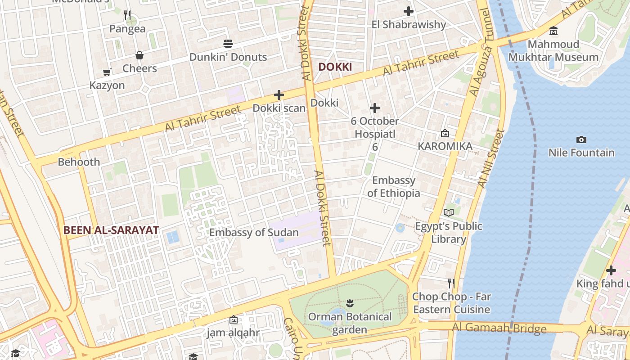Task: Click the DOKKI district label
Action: (335, 67)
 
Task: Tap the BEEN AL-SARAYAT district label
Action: (111, 230)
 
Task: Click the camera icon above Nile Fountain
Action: (581, 139)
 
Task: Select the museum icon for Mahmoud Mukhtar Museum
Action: (553, 31)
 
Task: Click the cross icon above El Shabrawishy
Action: (409, 11)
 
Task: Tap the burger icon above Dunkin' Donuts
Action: (228, 44)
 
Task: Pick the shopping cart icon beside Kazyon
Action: (107, 72)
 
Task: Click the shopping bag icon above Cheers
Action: (139, 55)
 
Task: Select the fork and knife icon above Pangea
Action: (127, 16)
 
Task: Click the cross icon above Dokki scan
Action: (279, 95)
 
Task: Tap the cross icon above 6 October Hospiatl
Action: (375, 108)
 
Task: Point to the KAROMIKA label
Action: (445, 146)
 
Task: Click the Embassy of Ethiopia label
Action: (394, 187)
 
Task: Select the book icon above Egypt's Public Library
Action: (449, 212)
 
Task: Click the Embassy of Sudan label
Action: (254, 233)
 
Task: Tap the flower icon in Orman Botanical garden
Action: (350, 304)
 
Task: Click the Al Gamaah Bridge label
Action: (499, 328)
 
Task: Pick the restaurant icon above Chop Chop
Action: (451, 283)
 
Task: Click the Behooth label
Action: (79, 162)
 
